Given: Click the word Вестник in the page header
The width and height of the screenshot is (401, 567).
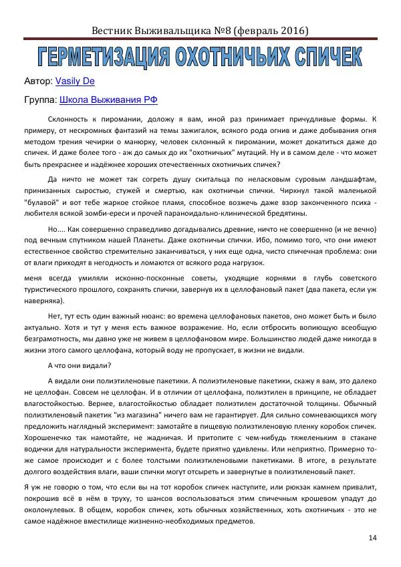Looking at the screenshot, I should click(114, 31).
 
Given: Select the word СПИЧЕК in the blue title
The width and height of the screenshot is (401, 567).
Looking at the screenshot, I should click(319, 58).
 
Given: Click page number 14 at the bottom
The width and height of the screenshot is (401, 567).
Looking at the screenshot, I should click(372, 538).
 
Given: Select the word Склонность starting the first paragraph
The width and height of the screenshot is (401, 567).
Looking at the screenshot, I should click(71, 118).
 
